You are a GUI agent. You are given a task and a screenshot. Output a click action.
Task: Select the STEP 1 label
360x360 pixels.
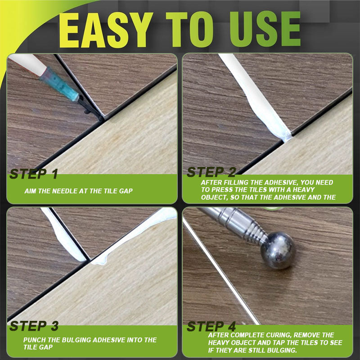point(34,174)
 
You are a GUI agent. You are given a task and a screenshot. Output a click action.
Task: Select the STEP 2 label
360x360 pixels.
point(211,172)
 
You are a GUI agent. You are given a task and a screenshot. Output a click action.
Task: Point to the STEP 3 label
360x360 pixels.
point(34,326)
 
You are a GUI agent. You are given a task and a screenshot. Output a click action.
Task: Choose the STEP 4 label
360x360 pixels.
point(211,326)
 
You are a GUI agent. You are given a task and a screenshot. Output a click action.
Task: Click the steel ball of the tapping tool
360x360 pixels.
point(278,250)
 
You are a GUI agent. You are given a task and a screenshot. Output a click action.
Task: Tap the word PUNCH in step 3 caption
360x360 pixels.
point(34,340)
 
